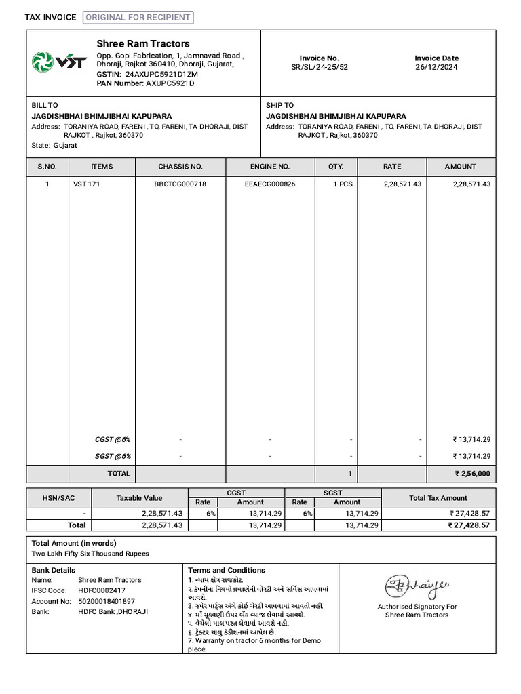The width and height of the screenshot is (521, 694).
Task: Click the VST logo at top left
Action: tap(60, 62)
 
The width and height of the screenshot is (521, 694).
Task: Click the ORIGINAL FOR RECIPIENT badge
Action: tap(138, 18)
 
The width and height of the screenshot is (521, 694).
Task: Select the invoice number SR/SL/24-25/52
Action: tap(320, 68)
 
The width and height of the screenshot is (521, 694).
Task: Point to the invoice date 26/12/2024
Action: tap(436, 68)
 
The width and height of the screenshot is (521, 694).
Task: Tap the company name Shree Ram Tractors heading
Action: tap(143, 44)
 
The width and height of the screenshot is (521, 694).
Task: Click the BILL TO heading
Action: tap(45, 106)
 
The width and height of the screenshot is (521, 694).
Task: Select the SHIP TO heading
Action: tap(279, 106)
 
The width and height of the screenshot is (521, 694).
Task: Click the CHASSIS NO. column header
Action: tap(180, 167)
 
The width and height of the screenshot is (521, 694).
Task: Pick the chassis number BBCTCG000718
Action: tap(180, 184)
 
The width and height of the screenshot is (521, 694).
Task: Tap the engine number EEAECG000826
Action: tap(270, 184)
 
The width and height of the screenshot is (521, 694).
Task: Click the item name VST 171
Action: tap(86, 184)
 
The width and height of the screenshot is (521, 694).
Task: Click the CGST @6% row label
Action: tap(113, 440)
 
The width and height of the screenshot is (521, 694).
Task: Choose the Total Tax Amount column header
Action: tap(438, 498)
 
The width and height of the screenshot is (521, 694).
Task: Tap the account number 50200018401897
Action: tap(107, 601)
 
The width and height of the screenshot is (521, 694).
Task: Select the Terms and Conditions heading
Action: tap(227, 571)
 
